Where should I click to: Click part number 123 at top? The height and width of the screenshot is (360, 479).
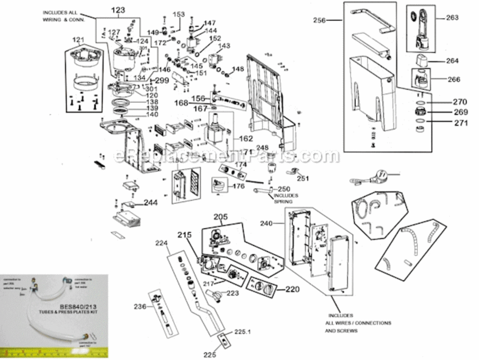point(118,10)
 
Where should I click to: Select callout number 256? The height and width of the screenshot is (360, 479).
point(320,20)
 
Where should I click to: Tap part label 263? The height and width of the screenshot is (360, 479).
point(452,18)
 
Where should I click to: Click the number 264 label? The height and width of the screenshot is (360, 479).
point(452,61)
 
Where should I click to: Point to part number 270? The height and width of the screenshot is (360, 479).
point(460,102)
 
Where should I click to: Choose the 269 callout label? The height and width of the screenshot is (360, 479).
point(460,112)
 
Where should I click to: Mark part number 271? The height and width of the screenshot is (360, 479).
point(460,122)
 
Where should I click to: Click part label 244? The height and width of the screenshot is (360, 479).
point(150,203)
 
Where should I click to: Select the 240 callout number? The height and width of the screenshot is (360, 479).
point(267,223)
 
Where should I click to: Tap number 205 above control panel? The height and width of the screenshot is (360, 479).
point(221,216)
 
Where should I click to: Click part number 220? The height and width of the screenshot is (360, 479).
point(293,289)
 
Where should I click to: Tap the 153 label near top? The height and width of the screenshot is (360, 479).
point(178,14)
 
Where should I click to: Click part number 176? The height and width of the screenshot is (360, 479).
point(238,186)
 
